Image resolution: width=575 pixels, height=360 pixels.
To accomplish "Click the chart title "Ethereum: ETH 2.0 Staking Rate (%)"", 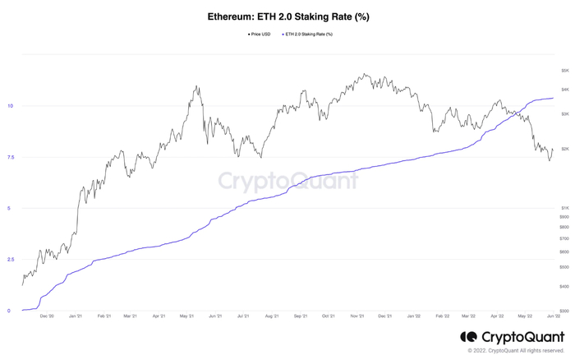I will [287, 17].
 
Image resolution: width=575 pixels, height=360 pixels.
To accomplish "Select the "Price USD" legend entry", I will [260, 34].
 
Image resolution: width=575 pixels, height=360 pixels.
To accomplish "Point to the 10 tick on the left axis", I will [9, 106].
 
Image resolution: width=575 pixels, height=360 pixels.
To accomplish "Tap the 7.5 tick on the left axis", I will [9, 157].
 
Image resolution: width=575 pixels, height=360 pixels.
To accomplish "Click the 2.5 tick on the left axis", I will [9, 260].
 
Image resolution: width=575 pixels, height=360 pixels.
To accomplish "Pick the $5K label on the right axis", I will [564, 71].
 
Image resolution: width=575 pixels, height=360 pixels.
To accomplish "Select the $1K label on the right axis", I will [564, 208].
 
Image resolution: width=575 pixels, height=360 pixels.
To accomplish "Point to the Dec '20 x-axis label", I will [46, 316].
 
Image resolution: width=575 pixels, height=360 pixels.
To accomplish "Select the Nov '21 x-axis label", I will [356, 316].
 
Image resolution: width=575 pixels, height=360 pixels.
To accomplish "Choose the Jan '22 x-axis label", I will [414, 316].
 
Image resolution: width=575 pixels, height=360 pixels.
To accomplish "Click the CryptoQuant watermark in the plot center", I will [287, 179].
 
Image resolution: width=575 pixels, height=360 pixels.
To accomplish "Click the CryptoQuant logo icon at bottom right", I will [468, 337].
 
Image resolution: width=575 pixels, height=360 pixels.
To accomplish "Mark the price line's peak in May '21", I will [195, 85].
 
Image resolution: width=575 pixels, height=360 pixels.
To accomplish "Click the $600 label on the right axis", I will [563, 252].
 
